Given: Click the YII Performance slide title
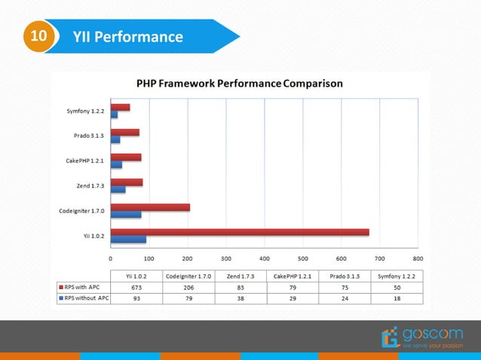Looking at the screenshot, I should pos(128,36).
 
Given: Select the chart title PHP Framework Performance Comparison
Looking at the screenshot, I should pos(239,84).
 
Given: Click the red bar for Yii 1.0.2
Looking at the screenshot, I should pos(240,232).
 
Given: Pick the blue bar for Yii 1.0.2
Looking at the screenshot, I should pos(128,239).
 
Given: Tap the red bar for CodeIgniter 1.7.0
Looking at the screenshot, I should pos(150,206).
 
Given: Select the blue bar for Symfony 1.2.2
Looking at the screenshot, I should pos(114,114).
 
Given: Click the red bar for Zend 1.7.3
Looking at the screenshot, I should pos(126,182).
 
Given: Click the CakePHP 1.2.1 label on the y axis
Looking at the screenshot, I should pos(84,161).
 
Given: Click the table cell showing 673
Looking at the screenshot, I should pos(136,287).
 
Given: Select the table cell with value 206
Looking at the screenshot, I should pos(188,287).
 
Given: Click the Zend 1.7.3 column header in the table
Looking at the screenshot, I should pos(240,276).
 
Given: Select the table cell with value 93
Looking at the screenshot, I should pos(136,297).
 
